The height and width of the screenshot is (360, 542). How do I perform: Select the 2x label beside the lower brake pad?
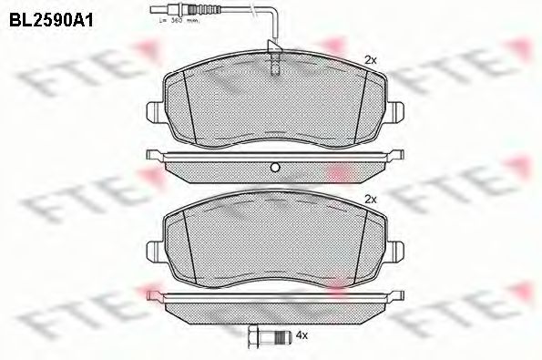coord(371,198)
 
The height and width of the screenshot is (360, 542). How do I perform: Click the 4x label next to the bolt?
coord(305,335)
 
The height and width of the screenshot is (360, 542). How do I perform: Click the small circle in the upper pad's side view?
coord(273,166)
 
